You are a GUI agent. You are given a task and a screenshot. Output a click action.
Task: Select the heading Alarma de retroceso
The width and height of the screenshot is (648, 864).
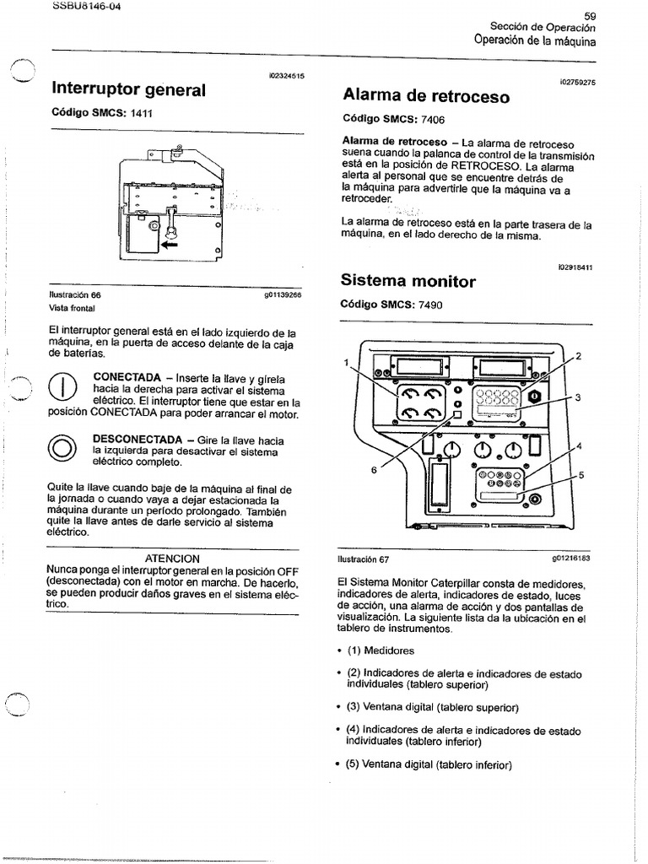[426, 95]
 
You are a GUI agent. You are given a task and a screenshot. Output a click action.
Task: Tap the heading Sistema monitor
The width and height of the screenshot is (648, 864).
[409, 281]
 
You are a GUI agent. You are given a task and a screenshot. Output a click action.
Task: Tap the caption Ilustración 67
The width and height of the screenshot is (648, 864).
[363, 559]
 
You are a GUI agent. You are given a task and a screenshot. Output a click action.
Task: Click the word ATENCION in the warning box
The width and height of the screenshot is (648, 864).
[172, 559]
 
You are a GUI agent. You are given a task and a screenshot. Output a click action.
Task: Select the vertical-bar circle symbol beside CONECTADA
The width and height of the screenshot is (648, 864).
[63, 388]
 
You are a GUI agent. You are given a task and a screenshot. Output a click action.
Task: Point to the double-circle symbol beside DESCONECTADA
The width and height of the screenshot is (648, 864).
[63, 449]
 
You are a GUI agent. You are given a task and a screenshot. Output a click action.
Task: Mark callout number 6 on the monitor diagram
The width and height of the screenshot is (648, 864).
[373, 470]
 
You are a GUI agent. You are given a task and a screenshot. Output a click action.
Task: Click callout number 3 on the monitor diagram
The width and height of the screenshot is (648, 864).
[578, 397]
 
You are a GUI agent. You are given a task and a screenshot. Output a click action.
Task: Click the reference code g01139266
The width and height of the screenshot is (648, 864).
[283, 295]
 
